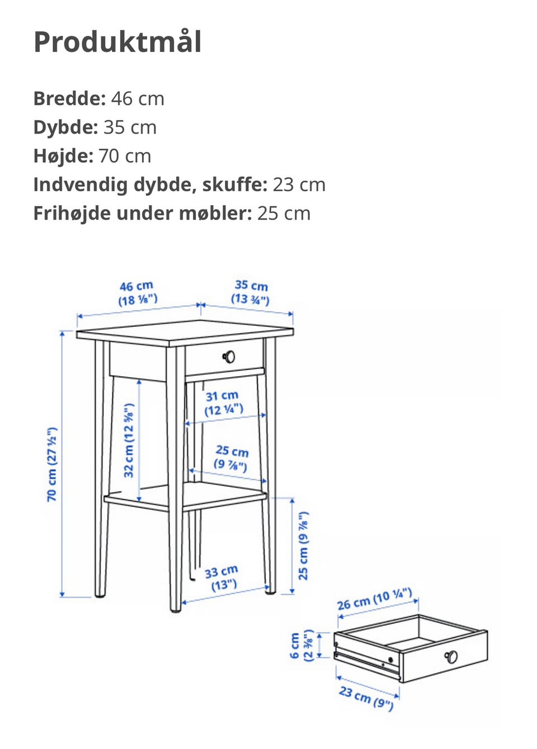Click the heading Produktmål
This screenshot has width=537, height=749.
(x=117, y=42)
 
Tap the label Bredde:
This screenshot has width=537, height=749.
(x=69, y=98)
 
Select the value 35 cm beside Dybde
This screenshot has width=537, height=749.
(x=130, y=127)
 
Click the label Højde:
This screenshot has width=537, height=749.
(x=63, y=155)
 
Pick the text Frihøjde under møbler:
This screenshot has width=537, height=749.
(x=143, y=213)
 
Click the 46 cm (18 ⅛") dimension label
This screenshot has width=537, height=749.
(x=137, y=293)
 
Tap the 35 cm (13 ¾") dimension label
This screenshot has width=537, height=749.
(x=251, y=292)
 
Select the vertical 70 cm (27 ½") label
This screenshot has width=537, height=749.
(x=52, y=464)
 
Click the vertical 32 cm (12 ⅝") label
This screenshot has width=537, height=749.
(x=129, y=440)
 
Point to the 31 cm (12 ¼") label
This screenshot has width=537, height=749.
(x=223, y=403)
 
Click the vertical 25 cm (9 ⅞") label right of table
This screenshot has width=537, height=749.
(x=303, y=545)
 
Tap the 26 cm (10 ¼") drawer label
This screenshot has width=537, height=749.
(x=374, y=599)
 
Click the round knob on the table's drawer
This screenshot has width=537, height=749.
(x=229, y=357)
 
